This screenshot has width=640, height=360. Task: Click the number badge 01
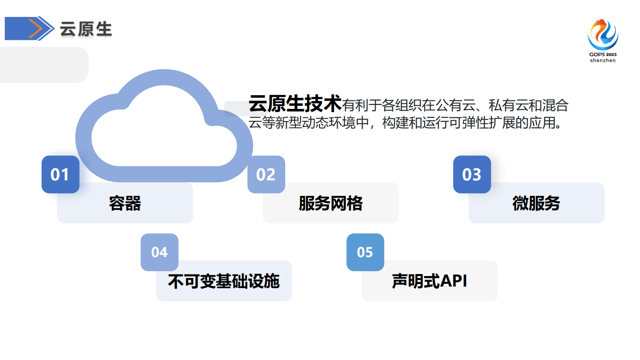pos(60,174)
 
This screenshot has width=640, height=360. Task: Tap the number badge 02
pos(266,174)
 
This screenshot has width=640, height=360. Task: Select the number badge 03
pos(472,174)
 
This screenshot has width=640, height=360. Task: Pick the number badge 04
pos(159,252)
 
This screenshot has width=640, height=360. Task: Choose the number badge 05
pos(365,252)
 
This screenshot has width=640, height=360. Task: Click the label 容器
pos(125,203)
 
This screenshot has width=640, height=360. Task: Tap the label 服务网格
pos(331,203)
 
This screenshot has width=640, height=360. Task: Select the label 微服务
pos(536,203)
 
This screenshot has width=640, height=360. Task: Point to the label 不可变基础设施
pos(224,281)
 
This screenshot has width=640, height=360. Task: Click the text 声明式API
pos(429,281)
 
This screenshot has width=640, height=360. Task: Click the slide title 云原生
pos(86,29)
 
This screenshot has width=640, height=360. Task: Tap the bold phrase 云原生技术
pos(295,104)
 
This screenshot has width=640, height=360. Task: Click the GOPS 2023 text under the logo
pos(602,54)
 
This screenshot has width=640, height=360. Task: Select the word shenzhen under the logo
pos(602,61)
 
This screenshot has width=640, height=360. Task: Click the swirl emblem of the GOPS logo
pos(602,34)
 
